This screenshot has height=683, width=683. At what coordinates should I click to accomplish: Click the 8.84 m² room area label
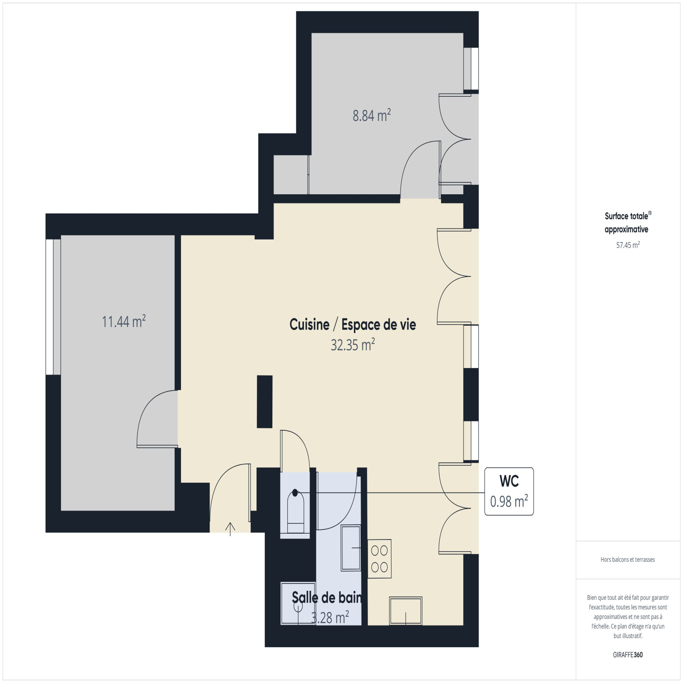tap(372, 115)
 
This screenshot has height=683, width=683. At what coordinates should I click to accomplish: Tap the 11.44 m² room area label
tap(124, 321)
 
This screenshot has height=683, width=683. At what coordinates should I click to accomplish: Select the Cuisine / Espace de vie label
tap(353, 324)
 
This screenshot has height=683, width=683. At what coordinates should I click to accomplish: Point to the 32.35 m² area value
tap(353, 344)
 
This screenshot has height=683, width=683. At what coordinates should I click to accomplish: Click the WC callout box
tap(509, 491)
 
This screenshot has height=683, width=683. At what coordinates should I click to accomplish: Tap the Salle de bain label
tap(327, 597)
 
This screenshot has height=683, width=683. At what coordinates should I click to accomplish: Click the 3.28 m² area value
tap(330, 617)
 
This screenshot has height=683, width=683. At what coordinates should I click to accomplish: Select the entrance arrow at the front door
tap(230, 528)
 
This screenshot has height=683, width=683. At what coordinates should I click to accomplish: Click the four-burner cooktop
tap(379, 559)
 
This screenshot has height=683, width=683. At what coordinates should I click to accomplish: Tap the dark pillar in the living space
tap(265, 401)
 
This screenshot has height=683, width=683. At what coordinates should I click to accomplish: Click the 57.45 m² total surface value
tap(628, 245)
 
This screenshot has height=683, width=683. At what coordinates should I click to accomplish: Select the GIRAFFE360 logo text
tap(628, 654)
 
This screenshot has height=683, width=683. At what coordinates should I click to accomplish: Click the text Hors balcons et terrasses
tap(628, 559)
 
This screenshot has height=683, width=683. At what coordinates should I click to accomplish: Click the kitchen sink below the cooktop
tap(406, 611)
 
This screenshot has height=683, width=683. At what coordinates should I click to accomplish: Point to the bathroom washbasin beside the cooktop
tap(351, 548)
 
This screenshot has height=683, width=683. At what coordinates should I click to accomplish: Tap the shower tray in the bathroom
tap(298, 604)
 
